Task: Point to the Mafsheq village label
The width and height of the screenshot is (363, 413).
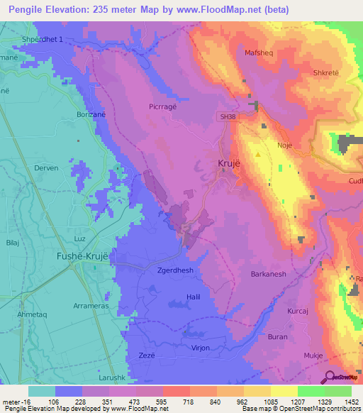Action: coord(258,51)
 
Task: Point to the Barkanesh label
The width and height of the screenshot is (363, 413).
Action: coord(268,273)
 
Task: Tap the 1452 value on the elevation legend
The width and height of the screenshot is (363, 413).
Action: coord(351,402)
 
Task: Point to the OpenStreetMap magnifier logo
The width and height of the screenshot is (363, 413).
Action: coord(330,377)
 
